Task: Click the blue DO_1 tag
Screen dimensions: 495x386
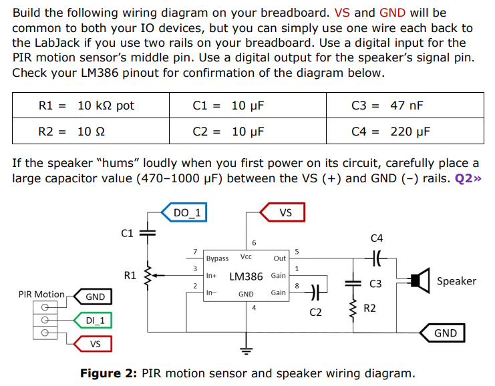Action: tap(184, 212)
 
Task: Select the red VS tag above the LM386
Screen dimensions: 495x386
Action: tap(283, 212)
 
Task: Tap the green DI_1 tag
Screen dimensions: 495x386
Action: tap(93, 321)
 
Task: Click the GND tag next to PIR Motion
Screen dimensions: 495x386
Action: tap(93, 297)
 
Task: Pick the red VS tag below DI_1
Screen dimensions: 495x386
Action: tap(93, 344)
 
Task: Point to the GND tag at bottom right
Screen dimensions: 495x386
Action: tap(442, 333)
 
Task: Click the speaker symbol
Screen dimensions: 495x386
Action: tap(420, 280)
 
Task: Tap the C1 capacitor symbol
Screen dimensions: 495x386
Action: tap(148, 233)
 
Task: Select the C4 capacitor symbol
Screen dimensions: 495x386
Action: tap(376, 258)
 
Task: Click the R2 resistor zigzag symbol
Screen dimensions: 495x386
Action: tap(353, 309)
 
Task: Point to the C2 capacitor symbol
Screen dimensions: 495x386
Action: tap(316, 293)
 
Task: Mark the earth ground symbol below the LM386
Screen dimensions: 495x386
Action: tap(246, 351)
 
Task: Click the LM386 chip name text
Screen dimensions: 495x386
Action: tap(246, 276)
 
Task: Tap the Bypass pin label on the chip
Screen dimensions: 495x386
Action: tap(217, 258)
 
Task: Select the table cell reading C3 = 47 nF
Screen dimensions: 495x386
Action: tap(405, 106)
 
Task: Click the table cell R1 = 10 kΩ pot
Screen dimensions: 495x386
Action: tap(91, 106)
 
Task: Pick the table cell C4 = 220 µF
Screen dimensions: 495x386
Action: tap(405, 131)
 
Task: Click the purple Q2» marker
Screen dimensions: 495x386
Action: tap(468, 178)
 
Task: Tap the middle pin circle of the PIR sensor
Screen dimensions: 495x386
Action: tap(45, 320)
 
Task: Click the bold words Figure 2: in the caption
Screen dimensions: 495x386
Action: tap(108, 373)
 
